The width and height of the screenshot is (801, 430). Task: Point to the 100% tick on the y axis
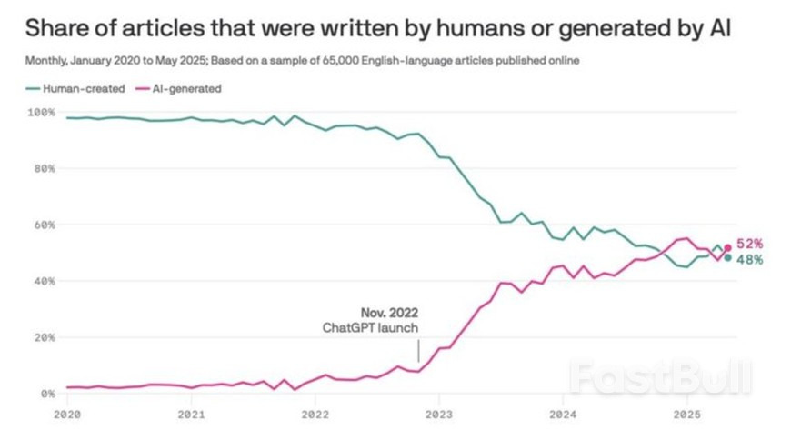point(43,112)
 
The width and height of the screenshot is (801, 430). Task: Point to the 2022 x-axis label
point(315,414)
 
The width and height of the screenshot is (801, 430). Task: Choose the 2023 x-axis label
point(438,414)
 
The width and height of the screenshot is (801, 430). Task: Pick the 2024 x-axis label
point(562,414)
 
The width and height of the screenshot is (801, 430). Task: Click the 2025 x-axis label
point(686,414)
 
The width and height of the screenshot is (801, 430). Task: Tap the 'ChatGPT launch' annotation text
point(372,327)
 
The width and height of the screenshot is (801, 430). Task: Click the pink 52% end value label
point(749,244)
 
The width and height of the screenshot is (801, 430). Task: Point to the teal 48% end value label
point(749,260)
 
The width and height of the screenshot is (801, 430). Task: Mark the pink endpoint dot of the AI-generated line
point(727,247)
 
